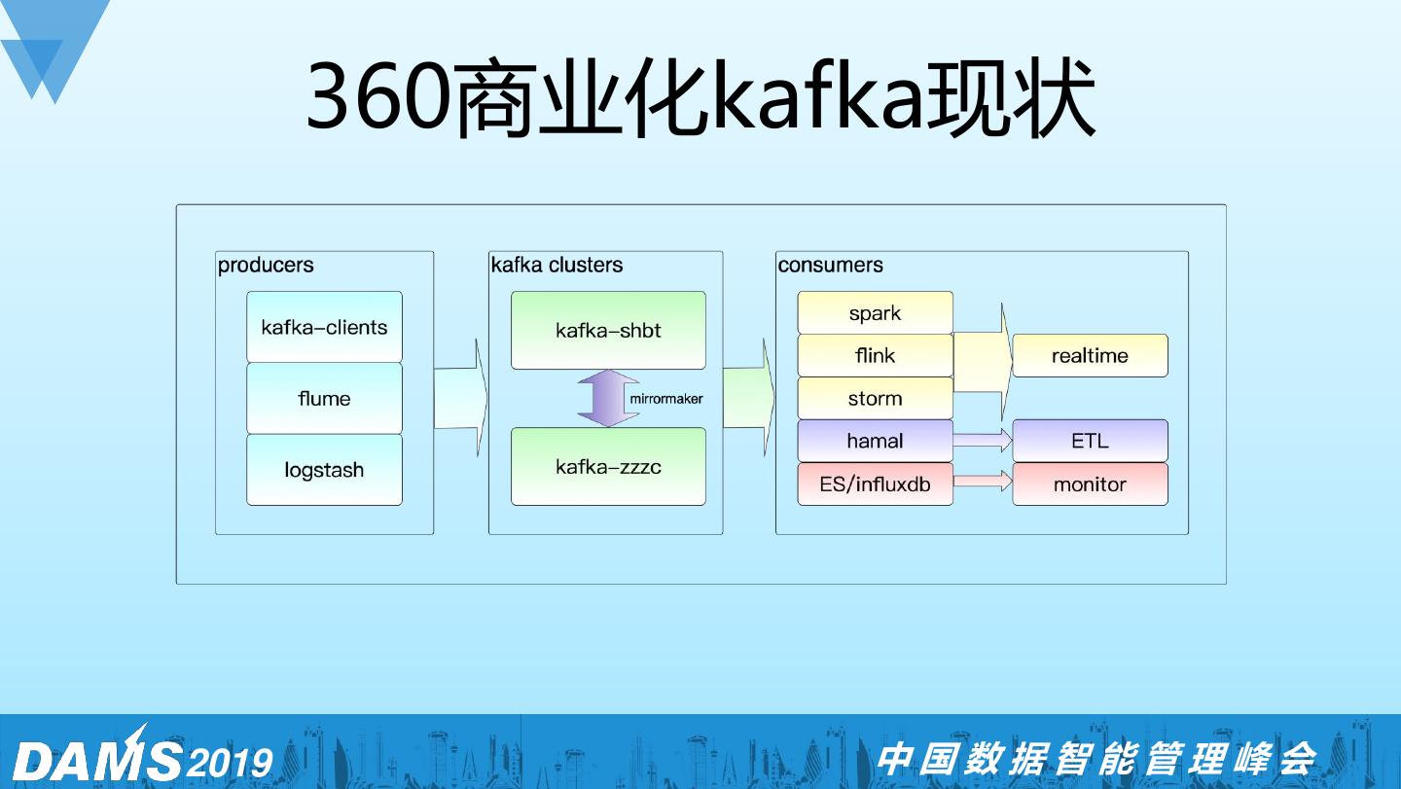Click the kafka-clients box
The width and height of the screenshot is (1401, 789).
pyautogui.click(x=324, y=327)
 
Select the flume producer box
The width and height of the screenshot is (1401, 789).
pyautogui.click(x=324, y=398)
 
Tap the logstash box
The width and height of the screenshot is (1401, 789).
pyautogui.click(x=324, y=470)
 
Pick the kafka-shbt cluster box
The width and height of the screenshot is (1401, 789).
pyautogui.click(x=608, y=331)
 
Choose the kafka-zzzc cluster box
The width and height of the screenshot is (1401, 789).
pyautogui.click(x=608, y=466)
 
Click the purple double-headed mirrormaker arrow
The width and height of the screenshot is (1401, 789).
pyautogui.click(x=608, y=399)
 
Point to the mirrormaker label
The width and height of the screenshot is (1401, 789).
pyautogui.click(x=666, y=399)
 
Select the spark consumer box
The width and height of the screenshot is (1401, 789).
pyautogui.click(x=875, y=313)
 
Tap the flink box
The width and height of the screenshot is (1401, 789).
pyautogui.click(x=875, y=356)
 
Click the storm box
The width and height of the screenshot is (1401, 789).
pyautogui.click(x=875, y=398)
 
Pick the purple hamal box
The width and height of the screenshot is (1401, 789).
pyautogui.click(x=875, y=441)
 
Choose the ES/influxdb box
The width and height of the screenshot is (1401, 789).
pyautogui.click(x=875, y=484)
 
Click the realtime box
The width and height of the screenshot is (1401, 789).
pyautogui.click(x=1090, y=356)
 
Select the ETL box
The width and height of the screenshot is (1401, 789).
pyautogui.click(x=1090, y=441)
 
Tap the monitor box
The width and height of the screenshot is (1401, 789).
pyautogui.click(x=1090, y=484)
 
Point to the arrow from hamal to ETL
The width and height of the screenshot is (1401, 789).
pyautogui.click(x=983, y=441)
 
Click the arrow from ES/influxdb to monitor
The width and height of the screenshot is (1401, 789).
pyautogui.click(x=983, y=481)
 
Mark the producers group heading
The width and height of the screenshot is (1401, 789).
pyautogui.click(x=266, y=265)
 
